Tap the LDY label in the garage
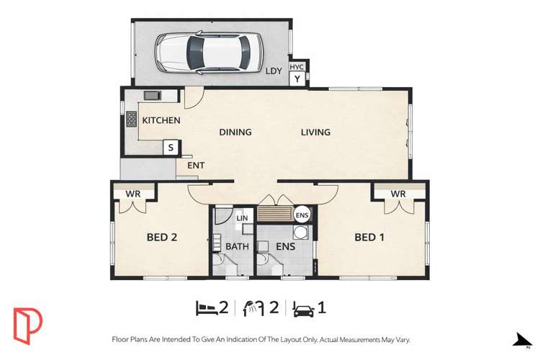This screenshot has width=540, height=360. coord(274,71)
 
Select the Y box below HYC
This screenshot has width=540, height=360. coord(297,78)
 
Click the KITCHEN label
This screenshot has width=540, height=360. coord(161,120)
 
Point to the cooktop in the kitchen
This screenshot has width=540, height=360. coord(132,120)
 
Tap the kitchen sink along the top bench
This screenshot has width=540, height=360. coord(152,95)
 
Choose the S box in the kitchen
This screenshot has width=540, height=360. coord(171,148)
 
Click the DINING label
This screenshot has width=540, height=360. coord(235,132)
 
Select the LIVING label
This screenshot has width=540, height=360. coord(315,132)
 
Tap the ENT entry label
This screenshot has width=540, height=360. coord(196,166)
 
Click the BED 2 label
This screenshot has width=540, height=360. coord(162,237)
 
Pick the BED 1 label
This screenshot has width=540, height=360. coord(369,237)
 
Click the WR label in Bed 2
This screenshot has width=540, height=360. coord(133,194)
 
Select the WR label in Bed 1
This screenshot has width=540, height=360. coord(398,194)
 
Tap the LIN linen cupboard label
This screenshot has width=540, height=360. coord(242,217)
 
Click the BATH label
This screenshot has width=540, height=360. coord(238,246)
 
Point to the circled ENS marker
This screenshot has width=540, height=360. coord(302,214)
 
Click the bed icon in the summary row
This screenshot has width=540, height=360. coord(207,308)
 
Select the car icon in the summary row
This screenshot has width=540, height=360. coord(303,308)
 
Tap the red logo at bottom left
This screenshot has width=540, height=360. coord(27,325)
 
